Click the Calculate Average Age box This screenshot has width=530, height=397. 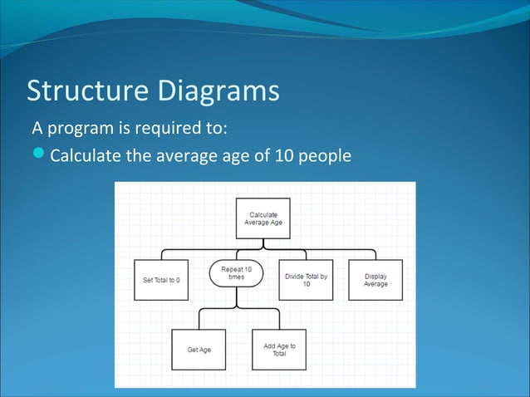263,218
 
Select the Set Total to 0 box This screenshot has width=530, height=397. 161,280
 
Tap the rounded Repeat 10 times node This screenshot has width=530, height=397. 237,273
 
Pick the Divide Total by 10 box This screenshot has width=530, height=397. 306,280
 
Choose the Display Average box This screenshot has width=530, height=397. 375,280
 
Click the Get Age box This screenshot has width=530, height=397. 199,350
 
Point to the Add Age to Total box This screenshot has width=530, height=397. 279,350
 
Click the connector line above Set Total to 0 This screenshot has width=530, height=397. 161,254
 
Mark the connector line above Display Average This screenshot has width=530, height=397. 375,254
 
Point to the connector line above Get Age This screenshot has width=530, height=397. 199,319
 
